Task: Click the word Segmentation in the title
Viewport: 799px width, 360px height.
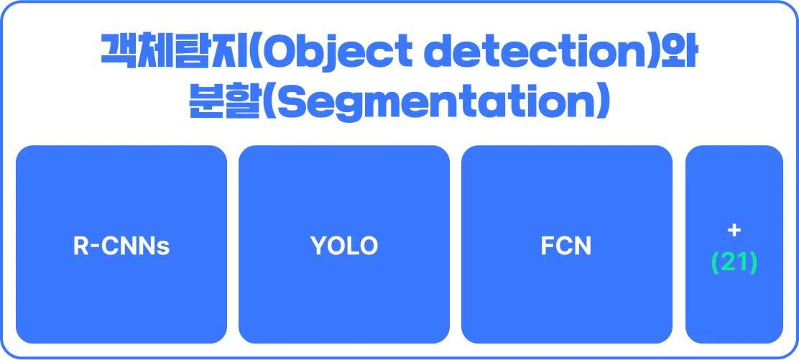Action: [429, 102]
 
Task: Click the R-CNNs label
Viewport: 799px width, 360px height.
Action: [121, 246]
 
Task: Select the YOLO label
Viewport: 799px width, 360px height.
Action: [344, 246]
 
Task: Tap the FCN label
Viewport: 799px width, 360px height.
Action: [566, 246]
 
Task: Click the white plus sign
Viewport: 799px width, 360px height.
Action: [734, 231]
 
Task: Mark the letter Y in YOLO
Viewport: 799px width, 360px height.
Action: [318, 246]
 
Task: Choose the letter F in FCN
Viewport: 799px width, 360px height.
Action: [548, 246]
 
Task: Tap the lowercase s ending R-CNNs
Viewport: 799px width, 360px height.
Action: [164, 249]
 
